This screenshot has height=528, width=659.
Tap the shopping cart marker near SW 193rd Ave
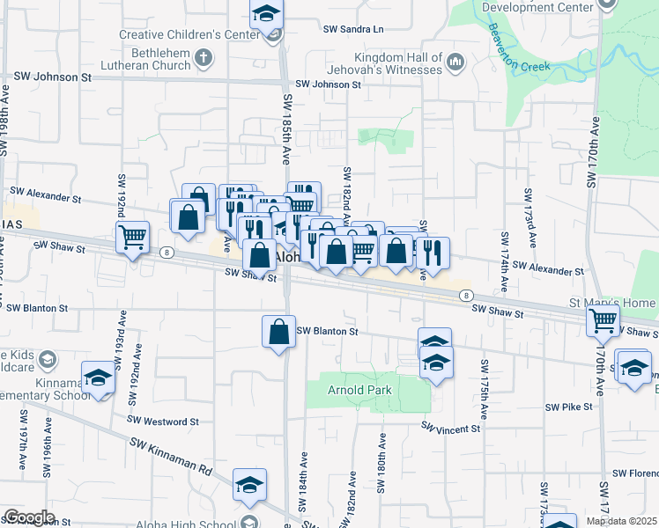click(132, 236)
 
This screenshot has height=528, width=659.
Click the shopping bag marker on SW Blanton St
click(278, 332)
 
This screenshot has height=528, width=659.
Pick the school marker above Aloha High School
click(249, 485)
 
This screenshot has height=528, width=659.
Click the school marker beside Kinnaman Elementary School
click(98, 378)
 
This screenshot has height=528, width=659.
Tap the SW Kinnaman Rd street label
click(172, 457)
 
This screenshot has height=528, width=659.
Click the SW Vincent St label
click(450, 429)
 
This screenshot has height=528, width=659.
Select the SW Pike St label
click(568, 407)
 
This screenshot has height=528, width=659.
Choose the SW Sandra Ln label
click(353, 29)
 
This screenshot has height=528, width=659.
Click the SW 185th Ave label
click(287, 129)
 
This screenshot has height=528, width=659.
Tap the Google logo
click(29, 517)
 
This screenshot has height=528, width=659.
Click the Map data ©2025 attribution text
click(621, 521)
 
